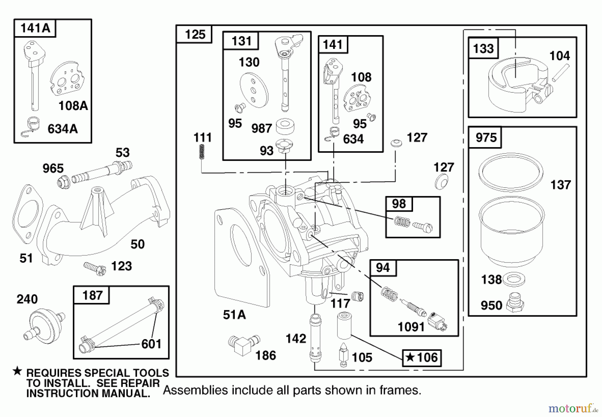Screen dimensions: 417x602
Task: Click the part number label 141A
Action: pyautogui.click(x=35, y=28)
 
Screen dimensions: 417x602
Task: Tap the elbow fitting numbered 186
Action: pyautogui.click(x=243, y=345)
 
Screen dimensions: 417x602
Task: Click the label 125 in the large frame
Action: pyautogui.click(x=195, y=34)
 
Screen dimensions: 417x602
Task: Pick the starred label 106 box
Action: pyautogui.click(x=422, y=358)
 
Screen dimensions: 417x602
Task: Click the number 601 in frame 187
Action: pyautogui.click(x=151, y=344)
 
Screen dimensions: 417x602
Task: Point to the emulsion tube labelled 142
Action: pyautogui.click(x=315, y=338)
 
